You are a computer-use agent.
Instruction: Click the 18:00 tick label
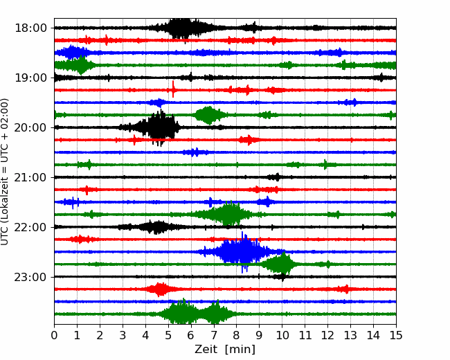[x=30, y=28]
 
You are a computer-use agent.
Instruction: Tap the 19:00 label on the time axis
[x=30, y=78]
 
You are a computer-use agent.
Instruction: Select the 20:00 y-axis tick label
[x=30, y=127]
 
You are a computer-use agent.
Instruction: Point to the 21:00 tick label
[x=30, y=177]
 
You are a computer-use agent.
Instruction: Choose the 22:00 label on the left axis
[x=30, y=227]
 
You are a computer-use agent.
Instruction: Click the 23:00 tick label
[x=30, y=277]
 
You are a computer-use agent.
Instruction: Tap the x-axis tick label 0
[x=54, y=335]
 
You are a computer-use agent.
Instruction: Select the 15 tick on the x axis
[x=396, y=335]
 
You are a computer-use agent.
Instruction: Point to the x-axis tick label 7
[x=214, y=335]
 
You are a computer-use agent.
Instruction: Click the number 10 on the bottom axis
[x=282, y=335]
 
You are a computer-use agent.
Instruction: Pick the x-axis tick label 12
[x=328, y=335]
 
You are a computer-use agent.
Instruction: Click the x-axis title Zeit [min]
[x=225, y=350]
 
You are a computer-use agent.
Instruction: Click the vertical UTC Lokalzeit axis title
[x=4, y=172]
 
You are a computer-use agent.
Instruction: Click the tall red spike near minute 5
[x=173, y=89]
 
